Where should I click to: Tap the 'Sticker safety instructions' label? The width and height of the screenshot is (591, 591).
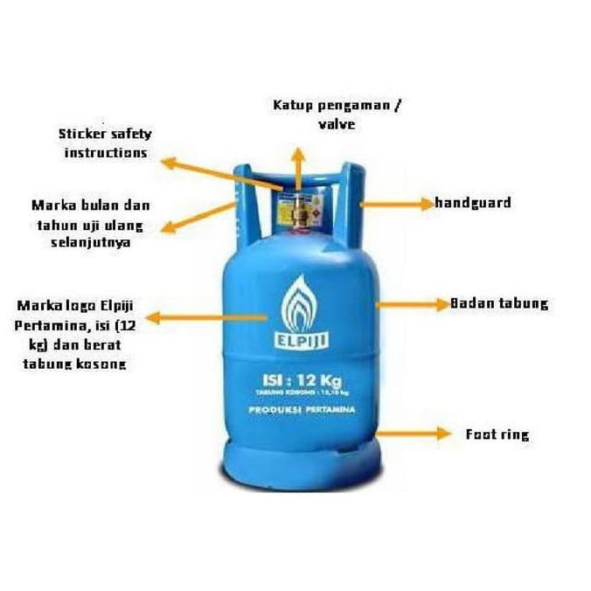coord(105,143)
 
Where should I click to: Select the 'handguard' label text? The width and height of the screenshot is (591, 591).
coord(473,203)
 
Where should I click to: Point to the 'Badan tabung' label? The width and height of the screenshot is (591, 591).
coord(498,304)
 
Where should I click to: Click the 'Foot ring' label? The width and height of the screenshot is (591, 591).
coord(497,434)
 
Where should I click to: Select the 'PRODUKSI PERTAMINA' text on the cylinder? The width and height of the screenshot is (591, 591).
coord(302,409)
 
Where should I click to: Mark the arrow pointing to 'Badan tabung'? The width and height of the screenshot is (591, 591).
coord(411,304)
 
